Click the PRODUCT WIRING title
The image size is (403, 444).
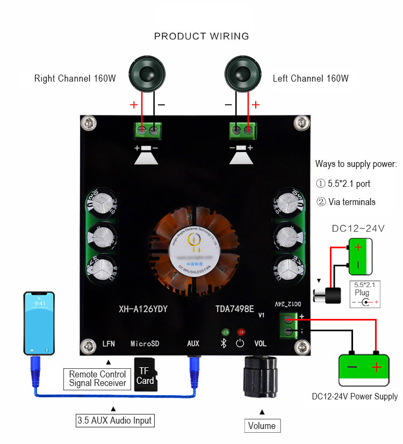point(201,37)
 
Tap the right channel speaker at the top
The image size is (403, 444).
point(148,74)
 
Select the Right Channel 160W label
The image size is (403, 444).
point(75,78)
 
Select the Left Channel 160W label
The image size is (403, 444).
point(311,78)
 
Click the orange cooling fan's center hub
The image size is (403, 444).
point(196,246)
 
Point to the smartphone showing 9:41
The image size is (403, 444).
point(40,323)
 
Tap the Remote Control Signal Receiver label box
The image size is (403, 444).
point(98,379)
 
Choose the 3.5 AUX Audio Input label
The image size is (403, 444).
point(115,420)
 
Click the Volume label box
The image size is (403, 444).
point(262,426)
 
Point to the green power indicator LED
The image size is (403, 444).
point(226,333)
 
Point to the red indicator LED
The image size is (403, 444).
point(241,333)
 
